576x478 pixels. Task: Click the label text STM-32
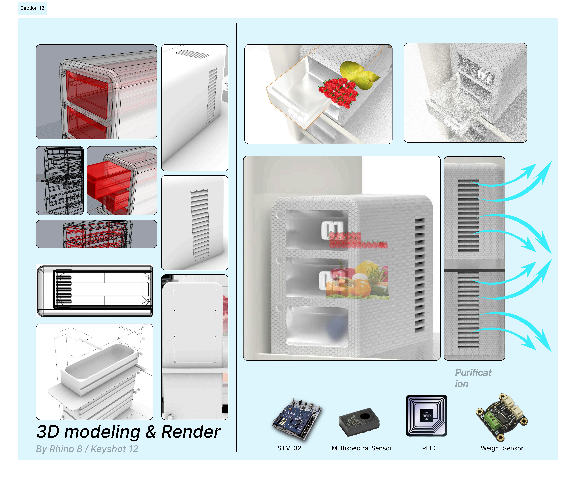[289, 448]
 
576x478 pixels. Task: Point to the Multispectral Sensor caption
[361, 448]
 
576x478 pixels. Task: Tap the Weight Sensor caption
[502, 448]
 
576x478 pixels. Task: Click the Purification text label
[473, 378]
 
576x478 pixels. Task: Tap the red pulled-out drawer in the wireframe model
[110, 180]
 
